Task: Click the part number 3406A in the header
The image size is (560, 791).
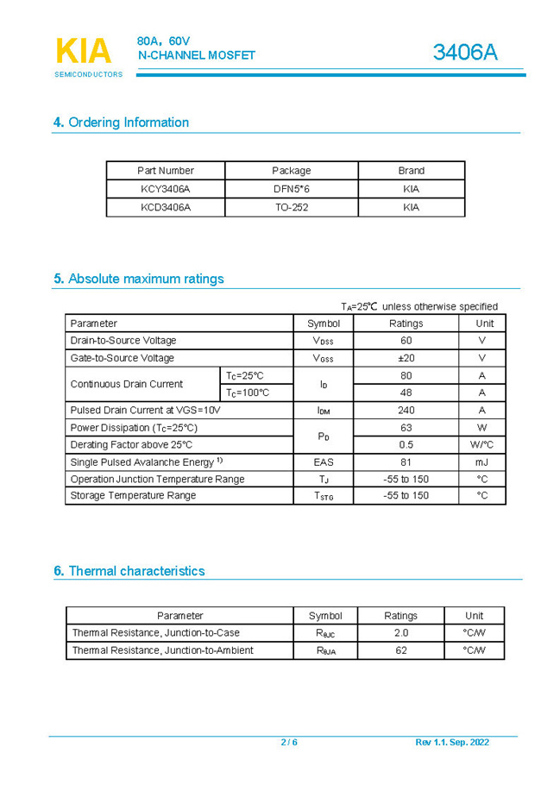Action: pyautogui.click(x=465, y=53)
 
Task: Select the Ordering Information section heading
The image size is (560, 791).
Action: pyautogui.click(x=121, y=122)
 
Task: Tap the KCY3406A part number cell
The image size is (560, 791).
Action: pyautogui.click(x=166, y=189)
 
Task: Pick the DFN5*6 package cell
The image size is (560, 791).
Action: pyautogui.click(x=291, y=189)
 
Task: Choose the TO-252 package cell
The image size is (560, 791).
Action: pyautogui.click(x=291, y=207)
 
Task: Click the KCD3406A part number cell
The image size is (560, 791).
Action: pyautogui.click(x=166, y=207)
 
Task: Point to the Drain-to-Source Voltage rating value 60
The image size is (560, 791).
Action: pyautogui.click(x=406, y=341)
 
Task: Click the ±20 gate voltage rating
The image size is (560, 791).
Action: pyautogui.click(x=406, y=358)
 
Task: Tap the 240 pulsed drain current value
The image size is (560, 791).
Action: pyautogui.click(x=406, y=411)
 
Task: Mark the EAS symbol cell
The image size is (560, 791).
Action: pyautogui.click(x=324, y=462)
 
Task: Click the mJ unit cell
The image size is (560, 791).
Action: pyautogui.click(x=481, y=462)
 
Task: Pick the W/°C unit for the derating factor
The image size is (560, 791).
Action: pyautogui.click(x=481, y=445)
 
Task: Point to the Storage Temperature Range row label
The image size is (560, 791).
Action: pyautogui.click(x=133, y=496)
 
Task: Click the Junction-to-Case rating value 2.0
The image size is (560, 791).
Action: pyautogui.click(x=400, y=633)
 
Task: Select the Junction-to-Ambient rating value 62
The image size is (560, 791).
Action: pyautogui.click(x=400, y=650)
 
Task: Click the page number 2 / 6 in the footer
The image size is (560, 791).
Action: pyautogui.click(x=289, y=743)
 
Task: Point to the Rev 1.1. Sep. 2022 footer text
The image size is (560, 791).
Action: pyautogui.click(x=452, y=743)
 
